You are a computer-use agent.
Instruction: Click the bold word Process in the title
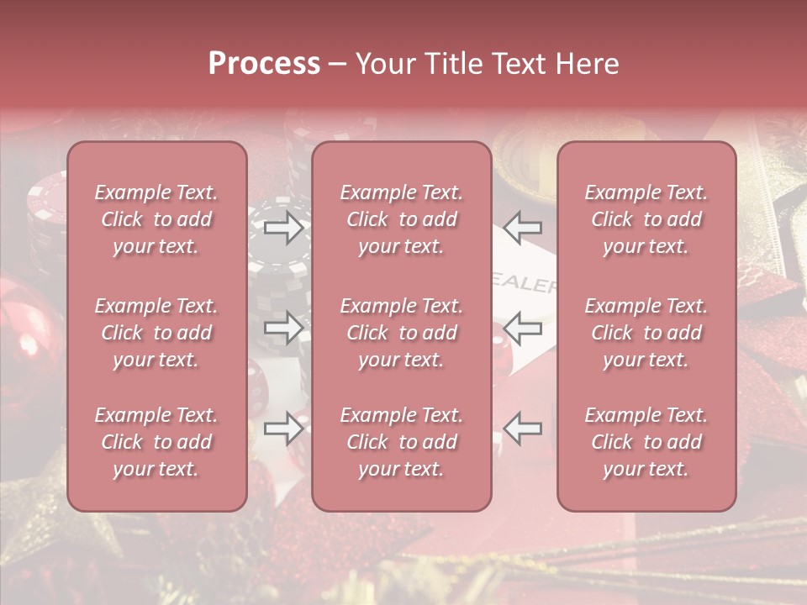pos(264,64)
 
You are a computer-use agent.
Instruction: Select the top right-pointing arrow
pos(283,227)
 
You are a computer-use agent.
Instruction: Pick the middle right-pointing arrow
pos(283,328)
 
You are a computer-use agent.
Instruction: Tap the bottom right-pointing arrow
pos(283,429)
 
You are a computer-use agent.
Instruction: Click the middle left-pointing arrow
pos(523,328)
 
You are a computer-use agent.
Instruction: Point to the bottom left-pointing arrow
pos(523,429)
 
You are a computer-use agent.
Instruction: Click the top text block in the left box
pos(156,219)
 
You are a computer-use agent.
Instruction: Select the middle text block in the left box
pos(156,333)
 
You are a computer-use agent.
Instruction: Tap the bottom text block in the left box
pos(156,442)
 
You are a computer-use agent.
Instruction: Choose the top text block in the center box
pos(402,219)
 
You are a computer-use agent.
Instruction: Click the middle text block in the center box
pos(402,333)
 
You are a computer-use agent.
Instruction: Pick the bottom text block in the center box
pos(402,442)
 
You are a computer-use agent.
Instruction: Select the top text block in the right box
pos(646,219)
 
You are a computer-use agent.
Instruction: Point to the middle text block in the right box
pos(646,333)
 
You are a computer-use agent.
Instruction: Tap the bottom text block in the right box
pos(646,442)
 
